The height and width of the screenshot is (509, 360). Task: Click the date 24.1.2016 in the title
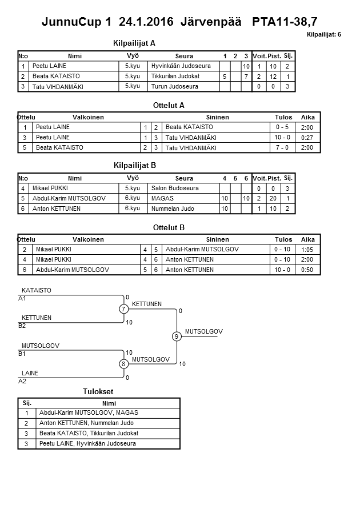coord(147,22)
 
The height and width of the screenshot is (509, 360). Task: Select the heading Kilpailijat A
coord(135,43)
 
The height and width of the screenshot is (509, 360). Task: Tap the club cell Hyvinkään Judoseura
coord(181,66)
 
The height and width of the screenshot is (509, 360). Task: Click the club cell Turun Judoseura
coord(175,87)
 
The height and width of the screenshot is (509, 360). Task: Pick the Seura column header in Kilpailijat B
coord(185,178)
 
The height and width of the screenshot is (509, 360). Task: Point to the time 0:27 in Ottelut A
coord(307,138)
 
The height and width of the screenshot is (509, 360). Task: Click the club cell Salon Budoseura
coord(175,189)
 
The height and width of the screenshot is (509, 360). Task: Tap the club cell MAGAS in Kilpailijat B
coord(162,199)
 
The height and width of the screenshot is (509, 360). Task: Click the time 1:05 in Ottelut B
coord(307,250)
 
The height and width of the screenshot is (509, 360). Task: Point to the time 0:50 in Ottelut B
coord(307,270)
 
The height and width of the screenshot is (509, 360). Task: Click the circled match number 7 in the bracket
coord(123,309)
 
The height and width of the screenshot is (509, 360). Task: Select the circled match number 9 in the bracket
coord(177,336)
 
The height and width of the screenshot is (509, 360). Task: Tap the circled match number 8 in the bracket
coord(123,364)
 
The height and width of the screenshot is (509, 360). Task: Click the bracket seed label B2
coord(22,326)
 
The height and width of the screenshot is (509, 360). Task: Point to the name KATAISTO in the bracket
coord(37,290)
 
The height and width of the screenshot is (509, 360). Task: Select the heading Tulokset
coord(98,391)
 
